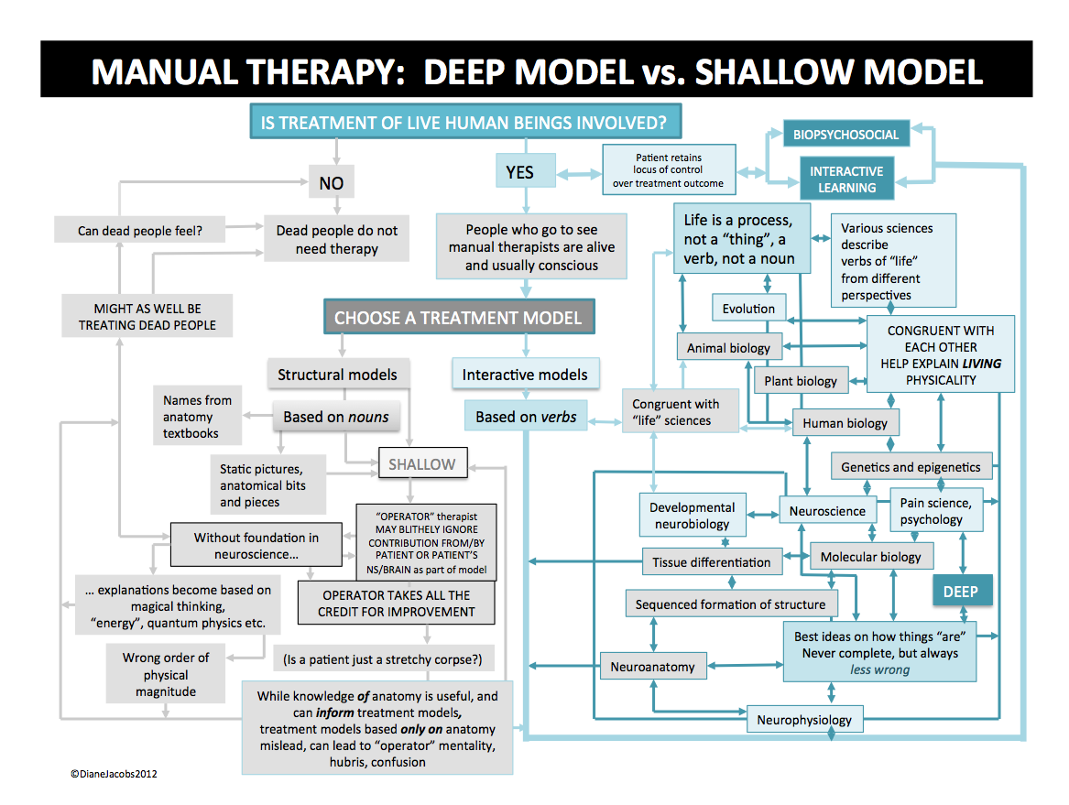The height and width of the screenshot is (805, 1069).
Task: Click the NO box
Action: pos(331,182)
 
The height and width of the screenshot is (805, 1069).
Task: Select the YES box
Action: pos(519,172)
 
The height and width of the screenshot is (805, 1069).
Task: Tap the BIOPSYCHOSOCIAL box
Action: pos(846,135)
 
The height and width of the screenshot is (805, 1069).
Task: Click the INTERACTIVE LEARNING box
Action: pos(846,179)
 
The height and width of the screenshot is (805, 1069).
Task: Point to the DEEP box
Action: pos(960,592)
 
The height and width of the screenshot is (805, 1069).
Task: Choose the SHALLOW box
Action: pos(421,464)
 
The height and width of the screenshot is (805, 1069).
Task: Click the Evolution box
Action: pos(748,309)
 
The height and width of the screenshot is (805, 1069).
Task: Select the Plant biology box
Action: pos(801,381)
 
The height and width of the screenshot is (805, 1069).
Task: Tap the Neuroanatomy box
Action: pos(652,667)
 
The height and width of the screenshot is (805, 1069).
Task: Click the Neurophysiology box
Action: pos(804,720)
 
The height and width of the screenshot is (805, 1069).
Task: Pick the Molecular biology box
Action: pos(870,556)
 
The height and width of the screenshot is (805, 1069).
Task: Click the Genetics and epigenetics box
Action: pos(911,467)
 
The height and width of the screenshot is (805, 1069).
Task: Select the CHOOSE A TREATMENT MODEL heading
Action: pos(458,319)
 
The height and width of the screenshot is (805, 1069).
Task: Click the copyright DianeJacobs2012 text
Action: pos(114,774)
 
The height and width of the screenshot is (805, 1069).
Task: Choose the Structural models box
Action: pos(337,374)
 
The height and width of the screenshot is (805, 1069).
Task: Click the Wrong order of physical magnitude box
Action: pos(166,674)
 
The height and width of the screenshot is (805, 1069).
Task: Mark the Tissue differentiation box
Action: pos(711,562)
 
